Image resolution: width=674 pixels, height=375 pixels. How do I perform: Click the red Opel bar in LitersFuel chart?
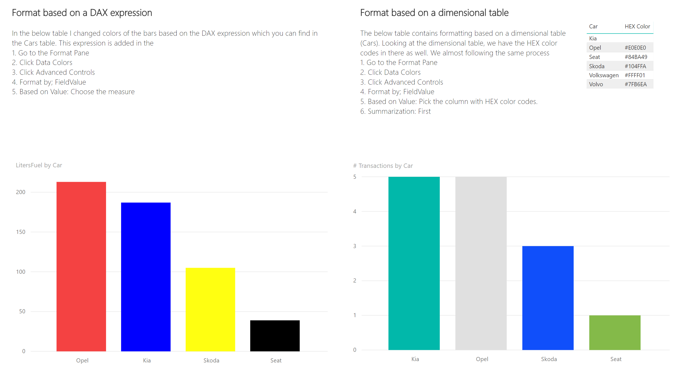coord(81,266)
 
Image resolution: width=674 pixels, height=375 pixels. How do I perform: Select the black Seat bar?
coord(275,335)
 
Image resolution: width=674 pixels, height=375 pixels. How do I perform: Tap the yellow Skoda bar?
coord(210,309)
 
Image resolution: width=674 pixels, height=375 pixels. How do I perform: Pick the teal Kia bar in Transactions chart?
coord(414,263)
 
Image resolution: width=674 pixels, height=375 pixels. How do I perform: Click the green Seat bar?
coord(615,332)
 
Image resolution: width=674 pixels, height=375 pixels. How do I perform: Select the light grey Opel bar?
coord(481,263)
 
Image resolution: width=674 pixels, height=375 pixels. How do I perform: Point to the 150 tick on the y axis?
coord(21,232)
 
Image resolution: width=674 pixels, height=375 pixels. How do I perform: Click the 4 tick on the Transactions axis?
coord(354,212)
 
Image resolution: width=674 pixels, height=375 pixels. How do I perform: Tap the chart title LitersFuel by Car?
coord(39,165)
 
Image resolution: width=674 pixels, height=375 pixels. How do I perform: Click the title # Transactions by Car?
coord(383,166)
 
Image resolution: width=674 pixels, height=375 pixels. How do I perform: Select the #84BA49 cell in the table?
coord(636,57)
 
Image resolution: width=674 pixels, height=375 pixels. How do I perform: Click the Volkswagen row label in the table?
coord(603,75)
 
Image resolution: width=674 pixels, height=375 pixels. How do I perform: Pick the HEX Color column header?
coord(637,26)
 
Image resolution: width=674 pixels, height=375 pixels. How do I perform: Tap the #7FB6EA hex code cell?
coord(635,84)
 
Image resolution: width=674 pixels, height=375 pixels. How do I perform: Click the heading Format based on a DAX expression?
coord(82,13)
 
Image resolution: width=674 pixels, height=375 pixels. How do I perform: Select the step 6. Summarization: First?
coord(395,111)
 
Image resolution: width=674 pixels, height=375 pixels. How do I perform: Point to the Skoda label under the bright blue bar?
coord(549,359)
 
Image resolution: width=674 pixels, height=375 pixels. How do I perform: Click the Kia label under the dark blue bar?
coord(147,360)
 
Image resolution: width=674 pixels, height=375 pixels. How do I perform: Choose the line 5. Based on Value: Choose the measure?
coord(73,92)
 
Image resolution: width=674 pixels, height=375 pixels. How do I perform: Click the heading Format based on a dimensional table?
coord(434,13)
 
